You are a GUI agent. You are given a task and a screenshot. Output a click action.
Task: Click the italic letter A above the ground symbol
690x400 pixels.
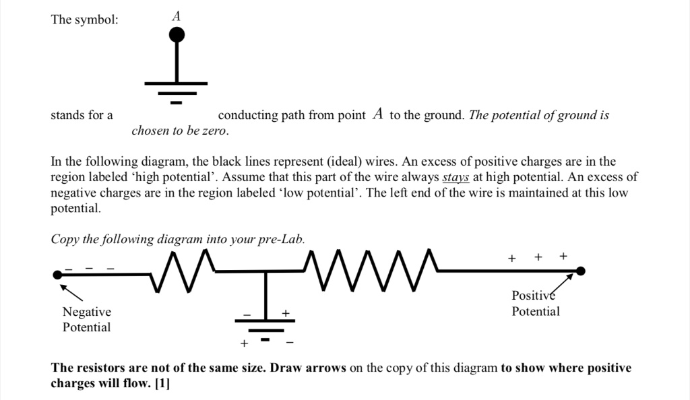pos(177,16)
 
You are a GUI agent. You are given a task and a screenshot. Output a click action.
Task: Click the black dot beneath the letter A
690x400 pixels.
pos(177,35)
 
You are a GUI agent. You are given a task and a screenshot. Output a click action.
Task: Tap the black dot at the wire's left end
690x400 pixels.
pos(58,275)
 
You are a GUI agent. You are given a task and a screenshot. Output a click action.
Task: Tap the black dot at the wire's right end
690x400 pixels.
pos(581,271)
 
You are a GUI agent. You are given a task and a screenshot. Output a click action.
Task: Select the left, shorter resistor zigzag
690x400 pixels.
pos(182,271)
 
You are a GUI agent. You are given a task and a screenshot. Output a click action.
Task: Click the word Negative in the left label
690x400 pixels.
pos(87,312)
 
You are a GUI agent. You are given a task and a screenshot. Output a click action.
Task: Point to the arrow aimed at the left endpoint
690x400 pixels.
pos(71,293)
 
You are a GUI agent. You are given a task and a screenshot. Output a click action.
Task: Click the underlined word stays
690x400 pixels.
pos(456,177)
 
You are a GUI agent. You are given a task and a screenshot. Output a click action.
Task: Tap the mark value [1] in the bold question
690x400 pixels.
pos(162,383)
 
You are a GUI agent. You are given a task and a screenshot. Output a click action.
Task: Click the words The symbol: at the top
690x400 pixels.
pos(84,20)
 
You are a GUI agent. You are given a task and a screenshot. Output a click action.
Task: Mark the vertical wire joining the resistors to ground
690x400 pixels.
pos(265,296)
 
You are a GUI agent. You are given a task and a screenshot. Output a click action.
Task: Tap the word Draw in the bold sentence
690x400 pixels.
pos(286,368)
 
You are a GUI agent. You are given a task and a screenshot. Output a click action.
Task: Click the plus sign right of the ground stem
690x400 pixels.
pos(286,313)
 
